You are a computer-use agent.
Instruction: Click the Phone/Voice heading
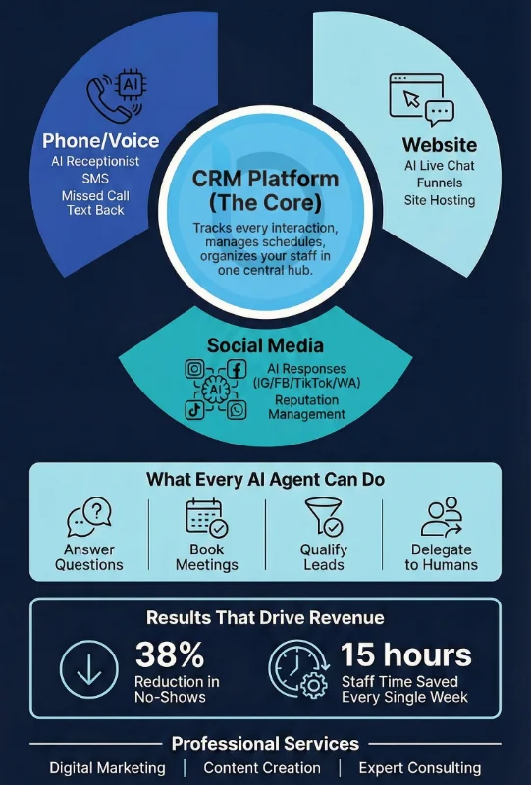(x=101, y=141)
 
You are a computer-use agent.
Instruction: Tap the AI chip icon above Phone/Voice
(x=131, y=84)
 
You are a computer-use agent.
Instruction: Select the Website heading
(x=440, y=145)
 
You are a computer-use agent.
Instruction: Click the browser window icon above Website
(x=416, y=95)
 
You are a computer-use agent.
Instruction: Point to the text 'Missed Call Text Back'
(x=95, y=203)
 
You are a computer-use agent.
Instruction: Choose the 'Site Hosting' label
(x=440, y=200)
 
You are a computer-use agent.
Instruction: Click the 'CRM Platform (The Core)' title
(x=265, y=190)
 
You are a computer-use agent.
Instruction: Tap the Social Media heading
(x=265, y=346)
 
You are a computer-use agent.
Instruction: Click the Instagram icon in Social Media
(x=195, y=370)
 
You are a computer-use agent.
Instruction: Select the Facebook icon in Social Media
(x=237, y=370)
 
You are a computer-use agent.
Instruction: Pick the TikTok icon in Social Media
(x=194, y=410)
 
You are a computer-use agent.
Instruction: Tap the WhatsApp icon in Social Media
(x=237, y=410)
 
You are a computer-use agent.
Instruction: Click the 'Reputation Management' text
(x=306, y=407)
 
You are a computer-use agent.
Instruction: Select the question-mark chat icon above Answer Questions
(x=89, y=517)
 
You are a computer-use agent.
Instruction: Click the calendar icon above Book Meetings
(x=207, y=518)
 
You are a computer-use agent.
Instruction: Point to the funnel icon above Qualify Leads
(x=324, y=517)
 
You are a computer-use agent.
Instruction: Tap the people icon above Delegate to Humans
(x=442, y=517)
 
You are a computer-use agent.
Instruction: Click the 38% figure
(x=170, y=654)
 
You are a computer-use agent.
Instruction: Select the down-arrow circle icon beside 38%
(x=89, y=669)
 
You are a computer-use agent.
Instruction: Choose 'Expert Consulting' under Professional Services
(x=420, y=768)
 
